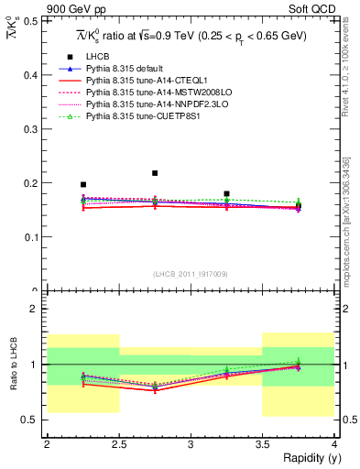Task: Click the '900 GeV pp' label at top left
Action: click(71, 9)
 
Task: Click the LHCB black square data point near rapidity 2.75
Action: click(155, 173)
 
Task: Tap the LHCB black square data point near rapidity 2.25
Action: click(83, 184)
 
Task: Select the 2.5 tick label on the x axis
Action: click(119, 444)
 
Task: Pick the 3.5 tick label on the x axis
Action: click(262, 444)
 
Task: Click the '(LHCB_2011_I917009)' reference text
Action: click(191, 274)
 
